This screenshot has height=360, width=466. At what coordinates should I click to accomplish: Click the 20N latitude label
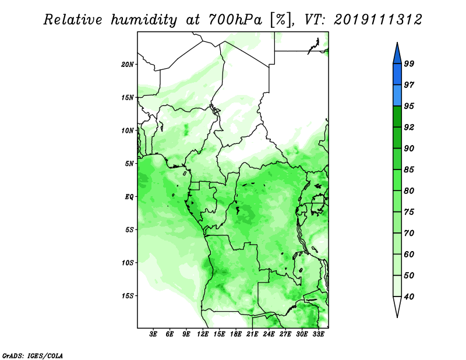pyautogui.click(x=128, y=65)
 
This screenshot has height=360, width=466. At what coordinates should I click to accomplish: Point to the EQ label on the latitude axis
pyautogui.click(x=129, y=197)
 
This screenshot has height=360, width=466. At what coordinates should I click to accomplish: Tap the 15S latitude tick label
pyautogui.click(x=128, y=296)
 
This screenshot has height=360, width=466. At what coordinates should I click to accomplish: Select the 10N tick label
pyautogui.click(x=128, y=130)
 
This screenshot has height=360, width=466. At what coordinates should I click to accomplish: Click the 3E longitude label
pyautogui.click(x=153, y=334)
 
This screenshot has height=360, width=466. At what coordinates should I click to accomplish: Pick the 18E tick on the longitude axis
pyautogui.click(x=236, y=334)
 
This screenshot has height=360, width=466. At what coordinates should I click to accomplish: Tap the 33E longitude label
pyautogui.click(x=318, y=334)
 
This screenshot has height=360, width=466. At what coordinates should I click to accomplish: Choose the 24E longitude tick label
pyautogui.click(x=269, y=334)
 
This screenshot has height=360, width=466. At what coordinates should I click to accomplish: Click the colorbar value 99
pyautogui.click(x=409, y=63)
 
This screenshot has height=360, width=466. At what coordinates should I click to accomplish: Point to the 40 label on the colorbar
pyautogui.click(x=409, y=297)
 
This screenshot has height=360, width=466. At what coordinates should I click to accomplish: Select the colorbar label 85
pyautogui.click(x=409, y=170)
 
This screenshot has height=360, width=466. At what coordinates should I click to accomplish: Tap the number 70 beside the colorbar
pyautogui.click(x=409, y=233)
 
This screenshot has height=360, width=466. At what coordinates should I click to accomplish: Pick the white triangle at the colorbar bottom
pyautogui.click(x=397, y=305)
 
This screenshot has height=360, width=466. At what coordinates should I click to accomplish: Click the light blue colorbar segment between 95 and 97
pyautogui.click(x=397, y=96)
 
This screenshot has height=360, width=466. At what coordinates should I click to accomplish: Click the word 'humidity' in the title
pyautogui.click(x=144, y=20)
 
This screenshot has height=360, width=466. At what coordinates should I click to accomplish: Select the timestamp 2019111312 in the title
pyautogui.click(x=377, y=20)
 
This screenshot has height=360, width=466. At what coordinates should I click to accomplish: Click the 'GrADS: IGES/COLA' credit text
pyautogui.click(x=33, y=355)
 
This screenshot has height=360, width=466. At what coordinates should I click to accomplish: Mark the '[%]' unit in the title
pyautogui.click(x=281, y=20)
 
